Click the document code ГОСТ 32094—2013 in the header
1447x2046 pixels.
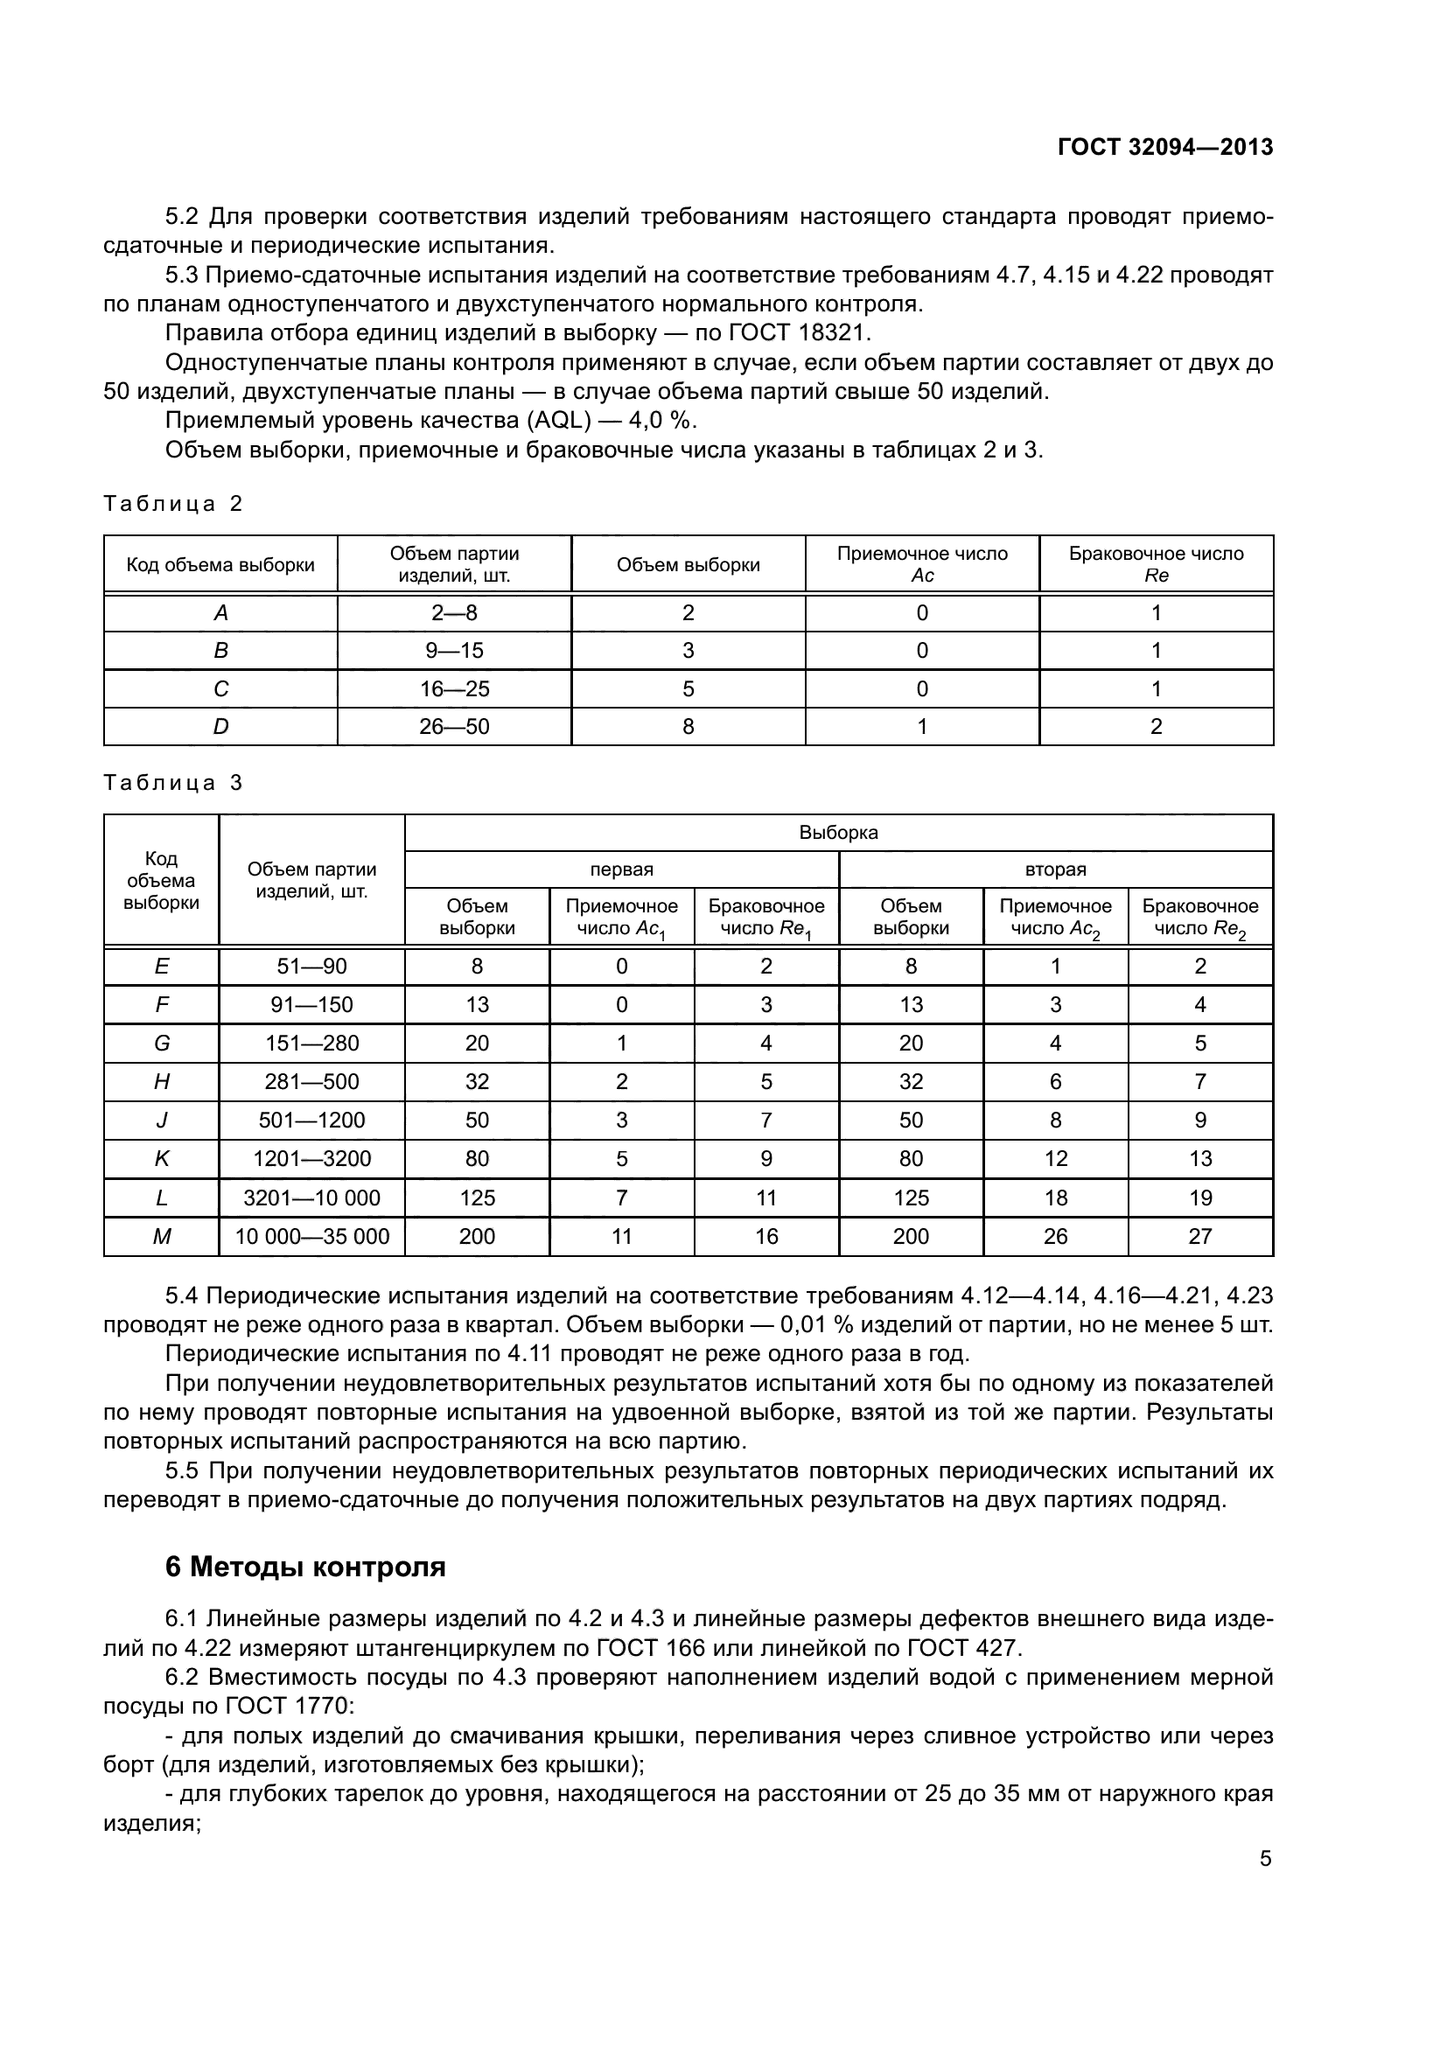[1164, 147]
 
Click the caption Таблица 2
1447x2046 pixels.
[173, 504]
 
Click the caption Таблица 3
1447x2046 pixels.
[173, 782]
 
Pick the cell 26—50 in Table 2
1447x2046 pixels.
[454, 726]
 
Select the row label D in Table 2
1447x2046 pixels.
[220, 726]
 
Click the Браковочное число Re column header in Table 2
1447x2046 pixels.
[1156, 564]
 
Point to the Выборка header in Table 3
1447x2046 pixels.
[838, 832]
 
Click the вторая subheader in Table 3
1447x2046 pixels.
[1055, 869]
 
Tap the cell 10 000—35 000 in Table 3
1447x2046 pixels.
[311, 1236]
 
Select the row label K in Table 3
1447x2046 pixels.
[161, 1158]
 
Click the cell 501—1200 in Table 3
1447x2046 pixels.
[311, 1121]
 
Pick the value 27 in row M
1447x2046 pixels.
[1200, 1236]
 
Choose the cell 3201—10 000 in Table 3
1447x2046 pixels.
[311, 1198]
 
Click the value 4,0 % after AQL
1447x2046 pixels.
[661, 421]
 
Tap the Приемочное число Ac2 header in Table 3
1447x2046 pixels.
[1055, 917]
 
